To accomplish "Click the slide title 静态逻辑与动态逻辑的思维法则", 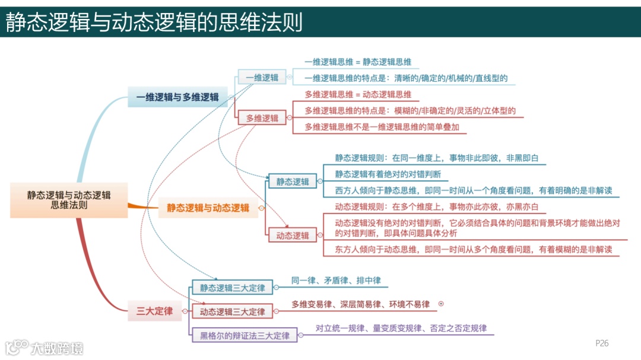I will [x=154, y=22].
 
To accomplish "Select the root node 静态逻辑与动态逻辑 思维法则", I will [x=69, y=200].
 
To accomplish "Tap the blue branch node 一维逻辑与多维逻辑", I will [x=177, y=97].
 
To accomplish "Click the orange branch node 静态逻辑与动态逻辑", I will [x=208, y=208].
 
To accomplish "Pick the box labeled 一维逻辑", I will [x=262, y=78].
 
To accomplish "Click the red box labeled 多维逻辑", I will [x=262, y=118].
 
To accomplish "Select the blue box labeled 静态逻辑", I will [x=293, y=181].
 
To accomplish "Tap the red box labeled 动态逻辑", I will [x=293, y=235].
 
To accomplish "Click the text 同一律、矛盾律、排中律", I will [x=336, y=281].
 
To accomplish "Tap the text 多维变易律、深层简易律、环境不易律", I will [x=360, y=304].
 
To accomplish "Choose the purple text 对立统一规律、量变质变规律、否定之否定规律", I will [x=401, y=328].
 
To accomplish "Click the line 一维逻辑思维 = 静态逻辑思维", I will [x=358, y=62].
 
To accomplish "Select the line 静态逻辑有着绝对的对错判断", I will [x=388, y=174].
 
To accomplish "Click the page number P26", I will [x=602, y=343].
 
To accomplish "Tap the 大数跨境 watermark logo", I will [x=45, y=347].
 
